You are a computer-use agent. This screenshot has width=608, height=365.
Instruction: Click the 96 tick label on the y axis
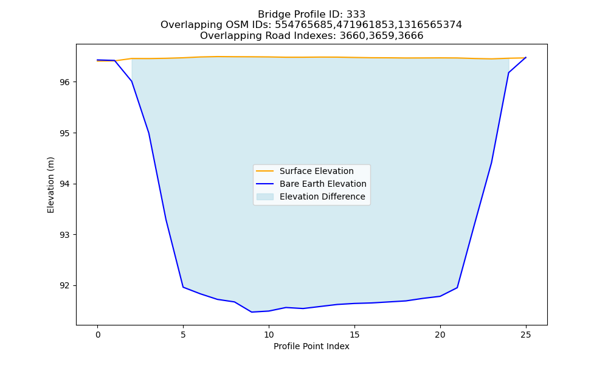coord(65,82)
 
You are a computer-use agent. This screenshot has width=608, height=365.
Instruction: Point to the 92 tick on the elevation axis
coord(65,285)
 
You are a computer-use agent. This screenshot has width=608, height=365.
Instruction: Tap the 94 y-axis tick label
coord(65,184)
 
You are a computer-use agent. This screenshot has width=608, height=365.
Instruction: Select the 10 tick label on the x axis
coord(269,335)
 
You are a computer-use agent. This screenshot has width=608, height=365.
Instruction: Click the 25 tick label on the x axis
coord(525,335)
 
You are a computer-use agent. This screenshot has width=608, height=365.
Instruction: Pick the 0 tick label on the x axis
coord(98,335)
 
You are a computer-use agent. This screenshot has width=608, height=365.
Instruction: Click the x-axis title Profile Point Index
coord(311,346)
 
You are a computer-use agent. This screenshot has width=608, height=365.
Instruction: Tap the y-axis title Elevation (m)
coord(50,185)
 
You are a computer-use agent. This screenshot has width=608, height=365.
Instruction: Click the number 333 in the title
coord(356,15)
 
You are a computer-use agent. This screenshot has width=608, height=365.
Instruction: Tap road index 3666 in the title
coord(411,36)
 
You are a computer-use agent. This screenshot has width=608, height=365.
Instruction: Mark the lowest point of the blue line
coord(252,312)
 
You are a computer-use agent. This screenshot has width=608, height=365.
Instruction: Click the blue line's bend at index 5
coord(183,287)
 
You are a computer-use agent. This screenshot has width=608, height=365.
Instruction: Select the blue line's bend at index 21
coord(457,287)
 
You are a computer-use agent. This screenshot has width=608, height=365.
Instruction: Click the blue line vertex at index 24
coord(508,73)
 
